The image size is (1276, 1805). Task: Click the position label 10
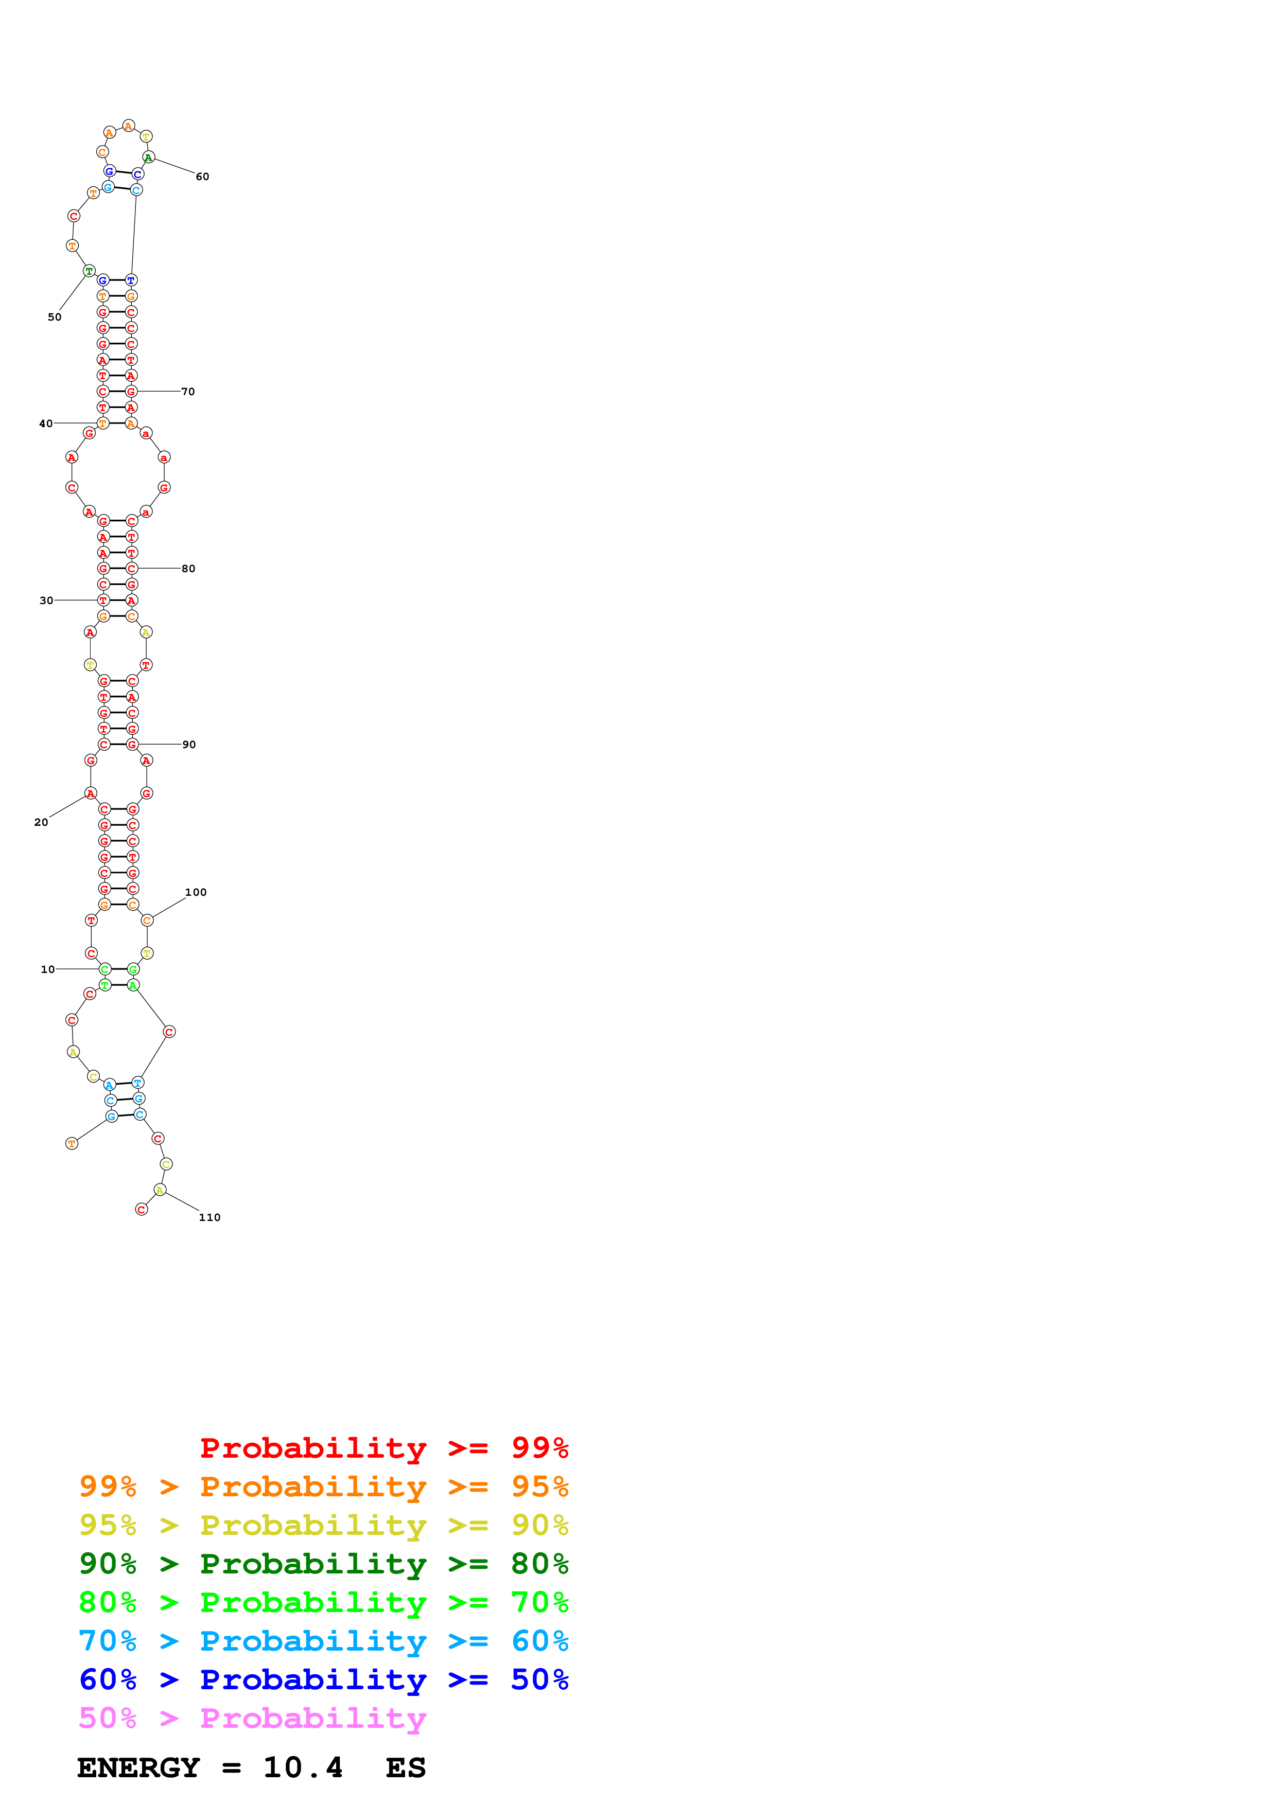click(x=48, y=969)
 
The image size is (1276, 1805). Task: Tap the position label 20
click(x=41, y=822)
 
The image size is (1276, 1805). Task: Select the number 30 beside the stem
click(x=46, y=600)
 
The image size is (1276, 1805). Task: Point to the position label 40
click(x=46, y=424)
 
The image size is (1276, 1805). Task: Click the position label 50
click(x=54, y=317)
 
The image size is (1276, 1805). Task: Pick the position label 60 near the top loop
click(x=202, y=177)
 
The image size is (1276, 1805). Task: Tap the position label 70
click(x=188, y=392)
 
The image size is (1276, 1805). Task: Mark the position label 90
click(x=189, y=745)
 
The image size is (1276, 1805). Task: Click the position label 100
click(x=196, y=892)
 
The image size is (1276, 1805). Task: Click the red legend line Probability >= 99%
click(x=383, y=1448)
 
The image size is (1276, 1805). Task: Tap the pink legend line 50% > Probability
click(x=252, y=1719)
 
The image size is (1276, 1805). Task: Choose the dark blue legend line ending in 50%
click(x=323, y=1680)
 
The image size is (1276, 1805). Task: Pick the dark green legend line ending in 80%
click(x=323, y=1564)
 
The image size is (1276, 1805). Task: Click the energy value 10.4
click(x=303, y=1768)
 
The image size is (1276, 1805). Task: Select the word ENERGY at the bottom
click(x=138, y=1768)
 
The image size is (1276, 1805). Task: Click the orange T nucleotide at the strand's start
click(x=72, y=1144)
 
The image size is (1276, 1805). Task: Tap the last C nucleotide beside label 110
click(x=142, y=1209)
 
